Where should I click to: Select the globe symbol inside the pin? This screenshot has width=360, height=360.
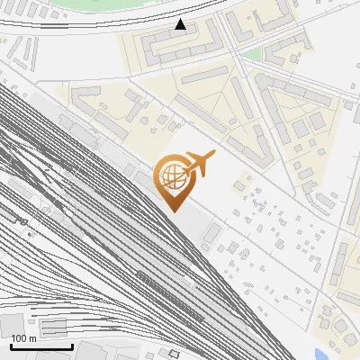point(171,176)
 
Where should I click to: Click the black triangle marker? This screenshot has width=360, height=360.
point(181,24)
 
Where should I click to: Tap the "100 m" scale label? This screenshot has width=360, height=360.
point(24,338)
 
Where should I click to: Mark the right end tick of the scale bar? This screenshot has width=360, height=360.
point(72,346)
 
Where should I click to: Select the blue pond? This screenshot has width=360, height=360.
point(319,354)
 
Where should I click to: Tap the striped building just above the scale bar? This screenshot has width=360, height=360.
point(53,327)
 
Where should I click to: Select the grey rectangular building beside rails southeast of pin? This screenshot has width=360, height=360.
point(210,234)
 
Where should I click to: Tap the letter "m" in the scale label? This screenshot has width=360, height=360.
point(32,338)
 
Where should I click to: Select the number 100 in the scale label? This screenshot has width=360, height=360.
point(20,338)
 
